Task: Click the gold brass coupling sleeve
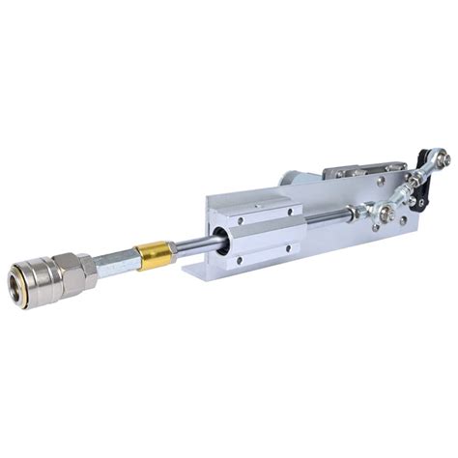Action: click(x=155, y=254)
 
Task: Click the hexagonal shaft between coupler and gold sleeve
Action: click(x=117, y=260)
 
